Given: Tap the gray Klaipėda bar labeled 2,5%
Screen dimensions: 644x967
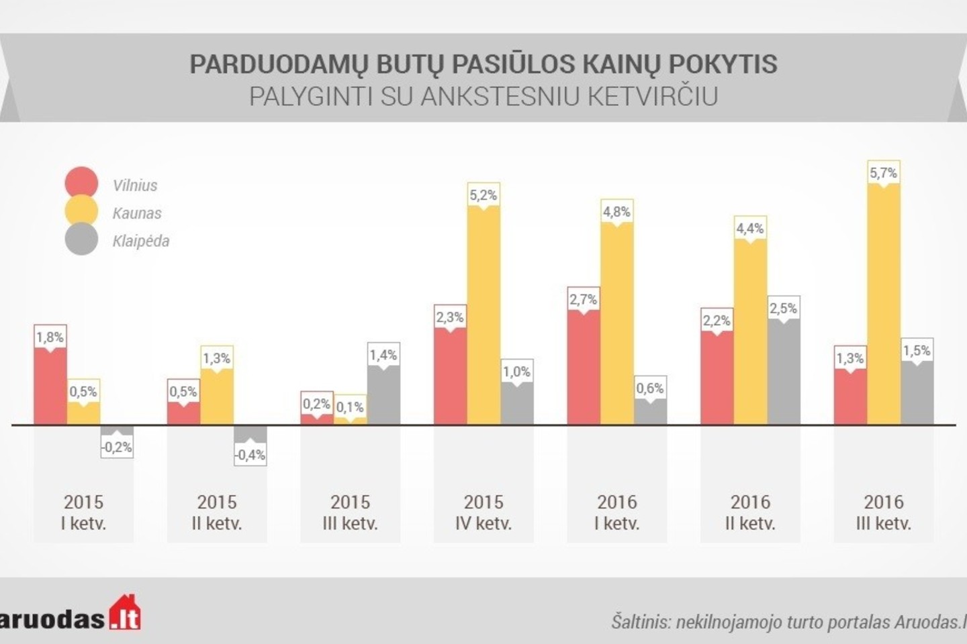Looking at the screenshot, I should (x=783, y=372).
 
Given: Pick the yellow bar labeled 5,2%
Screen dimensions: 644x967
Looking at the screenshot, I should (x=483, y=315).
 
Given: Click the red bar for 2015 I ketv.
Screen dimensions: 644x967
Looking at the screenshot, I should (x=50, y=386).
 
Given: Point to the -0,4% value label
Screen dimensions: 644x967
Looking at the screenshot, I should (x=250, y=455).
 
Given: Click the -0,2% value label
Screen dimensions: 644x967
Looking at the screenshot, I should (x=117, y=447).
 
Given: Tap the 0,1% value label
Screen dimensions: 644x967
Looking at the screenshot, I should (x=350, y=407).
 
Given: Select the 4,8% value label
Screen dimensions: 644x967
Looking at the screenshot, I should (x=616, y=212).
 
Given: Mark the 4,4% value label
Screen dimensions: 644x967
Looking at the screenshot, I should (x=750, y=229).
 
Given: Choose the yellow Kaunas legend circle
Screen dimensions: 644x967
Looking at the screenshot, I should (x=81, y=212).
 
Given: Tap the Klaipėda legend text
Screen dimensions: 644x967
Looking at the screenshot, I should (x=141, y=241).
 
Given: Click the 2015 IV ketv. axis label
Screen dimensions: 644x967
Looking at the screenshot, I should (x=483, y=513).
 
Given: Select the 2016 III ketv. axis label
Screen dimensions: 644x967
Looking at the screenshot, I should (x=883, y=513).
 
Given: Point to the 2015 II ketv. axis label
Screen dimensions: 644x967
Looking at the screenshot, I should (x=217, y=513).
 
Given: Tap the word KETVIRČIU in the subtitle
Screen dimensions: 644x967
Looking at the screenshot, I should (x=652, y=97).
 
